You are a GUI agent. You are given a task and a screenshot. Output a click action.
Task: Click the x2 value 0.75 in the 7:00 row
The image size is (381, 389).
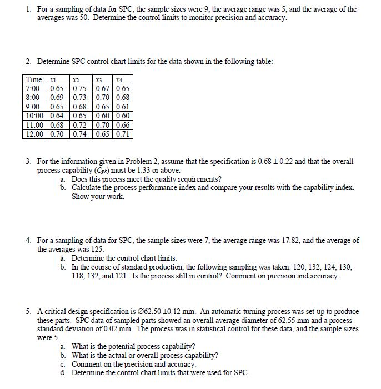pos(81,88)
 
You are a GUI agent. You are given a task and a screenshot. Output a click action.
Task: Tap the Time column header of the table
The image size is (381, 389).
pos(34,79)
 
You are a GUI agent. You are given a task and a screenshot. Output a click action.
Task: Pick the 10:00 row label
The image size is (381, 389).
pos(35,116)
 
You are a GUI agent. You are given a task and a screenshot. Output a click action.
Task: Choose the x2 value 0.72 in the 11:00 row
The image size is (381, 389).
pos(81,125)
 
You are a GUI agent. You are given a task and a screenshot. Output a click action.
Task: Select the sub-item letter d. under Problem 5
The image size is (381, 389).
pos(64,372)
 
